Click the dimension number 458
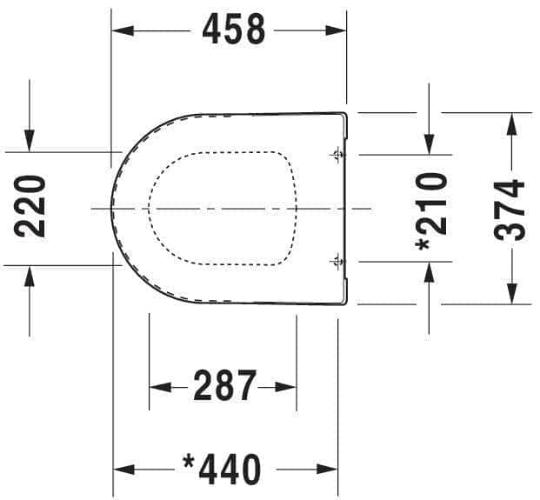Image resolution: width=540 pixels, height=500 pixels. [234, 30]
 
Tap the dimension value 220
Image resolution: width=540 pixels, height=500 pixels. [30, 207]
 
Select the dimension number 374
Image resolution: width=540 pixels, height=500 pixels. [509, 210]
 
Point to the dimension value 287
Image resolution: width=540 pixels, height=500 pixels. [225, 386]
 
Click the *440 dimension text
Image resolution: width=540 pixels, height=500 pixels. [222, 469]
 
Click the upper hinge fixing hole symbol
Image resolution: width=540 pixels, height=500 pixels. [337, 155]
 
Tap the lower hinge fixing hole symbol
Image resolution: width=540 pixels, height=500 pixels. [337, 262]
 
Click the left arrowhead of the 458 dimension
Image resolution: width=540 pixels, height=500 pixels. [123, 30]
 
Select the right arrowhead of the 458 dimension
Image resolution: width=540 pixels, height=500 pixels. [336, 30]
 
